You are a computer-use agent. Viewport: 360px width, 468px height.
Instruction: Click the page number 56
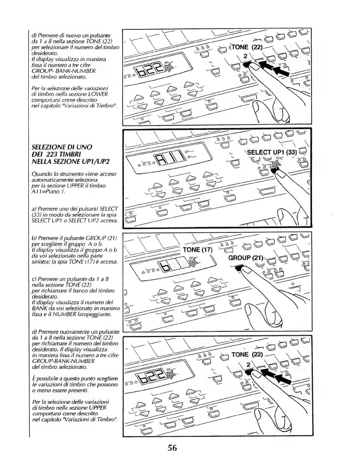tap(172, 448)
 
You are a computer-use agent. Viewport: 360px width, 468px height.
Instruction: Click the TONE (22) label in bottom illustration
tap(247, 355)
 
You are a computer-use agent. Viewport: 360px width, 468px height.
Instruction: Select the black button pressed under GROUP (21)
tap(240, 267)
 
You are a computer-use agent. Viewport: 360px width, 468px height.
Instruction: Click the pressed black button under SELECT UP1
tap(274, 171)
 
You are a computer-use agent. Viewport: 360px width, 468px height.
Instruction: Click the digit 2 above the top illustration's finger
tap(245, 56)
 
